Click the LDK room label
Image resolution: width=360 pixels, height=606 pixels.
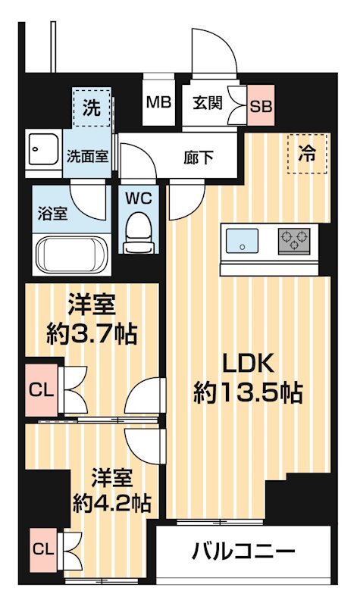click(247, 364)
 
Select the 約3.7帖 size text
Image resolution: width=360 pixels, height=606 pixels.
click(91, 333)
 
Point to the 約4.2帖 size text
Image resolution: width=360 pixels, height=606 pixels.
click(111, 501)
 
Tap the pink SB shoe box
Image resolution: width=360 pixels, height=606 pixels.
click(261, 105)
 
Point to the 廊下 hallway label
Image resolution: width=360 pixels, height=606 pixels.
click(199, 158)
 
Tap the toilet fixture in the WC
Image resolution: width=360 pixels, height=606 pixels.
click(137, 229)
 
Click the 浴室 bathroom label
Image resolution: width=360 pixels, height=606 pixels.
click(52, 213)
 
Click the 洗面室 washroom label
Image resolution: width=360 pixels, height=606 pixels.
click(87, 158)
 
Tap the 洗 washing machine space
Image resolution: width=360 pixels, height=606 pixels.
click(92, 108)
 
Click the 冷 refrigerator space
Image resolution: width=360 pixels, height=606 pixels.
click(308, 153)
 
